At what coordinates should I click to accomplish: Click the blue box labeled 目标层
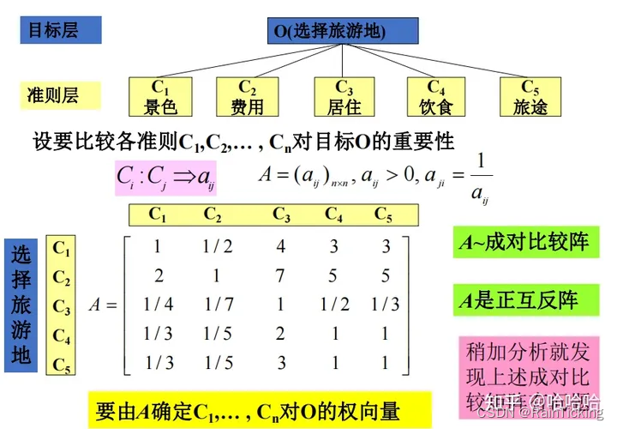tap(60, 30)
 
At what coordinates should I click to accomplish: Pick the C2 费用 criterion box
tap(248, 97)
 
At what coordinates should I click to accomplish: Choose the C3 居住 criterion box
tap(344, 97)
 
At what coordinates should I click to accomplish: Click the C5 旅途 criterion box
tap(530, 97)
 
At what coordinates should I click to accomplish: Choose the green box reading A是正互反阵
tap(522, 300)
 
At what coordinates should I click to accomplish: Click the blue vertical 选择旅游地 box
tap(21, 305)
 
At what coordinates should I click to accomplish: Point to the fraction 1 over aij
tap(481, 177)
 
